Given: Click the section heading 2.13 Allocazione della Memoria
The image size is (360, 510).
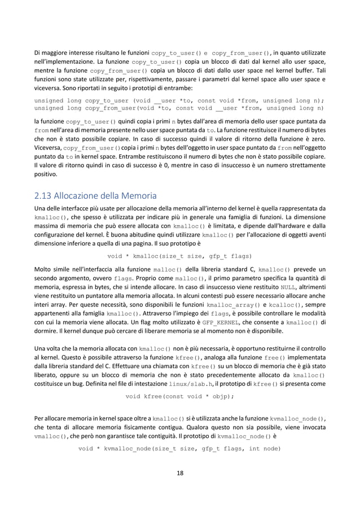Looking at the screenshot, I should point(95,197).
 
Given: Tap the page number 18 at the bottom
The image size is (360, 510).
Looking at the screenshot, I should point(179,473).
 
